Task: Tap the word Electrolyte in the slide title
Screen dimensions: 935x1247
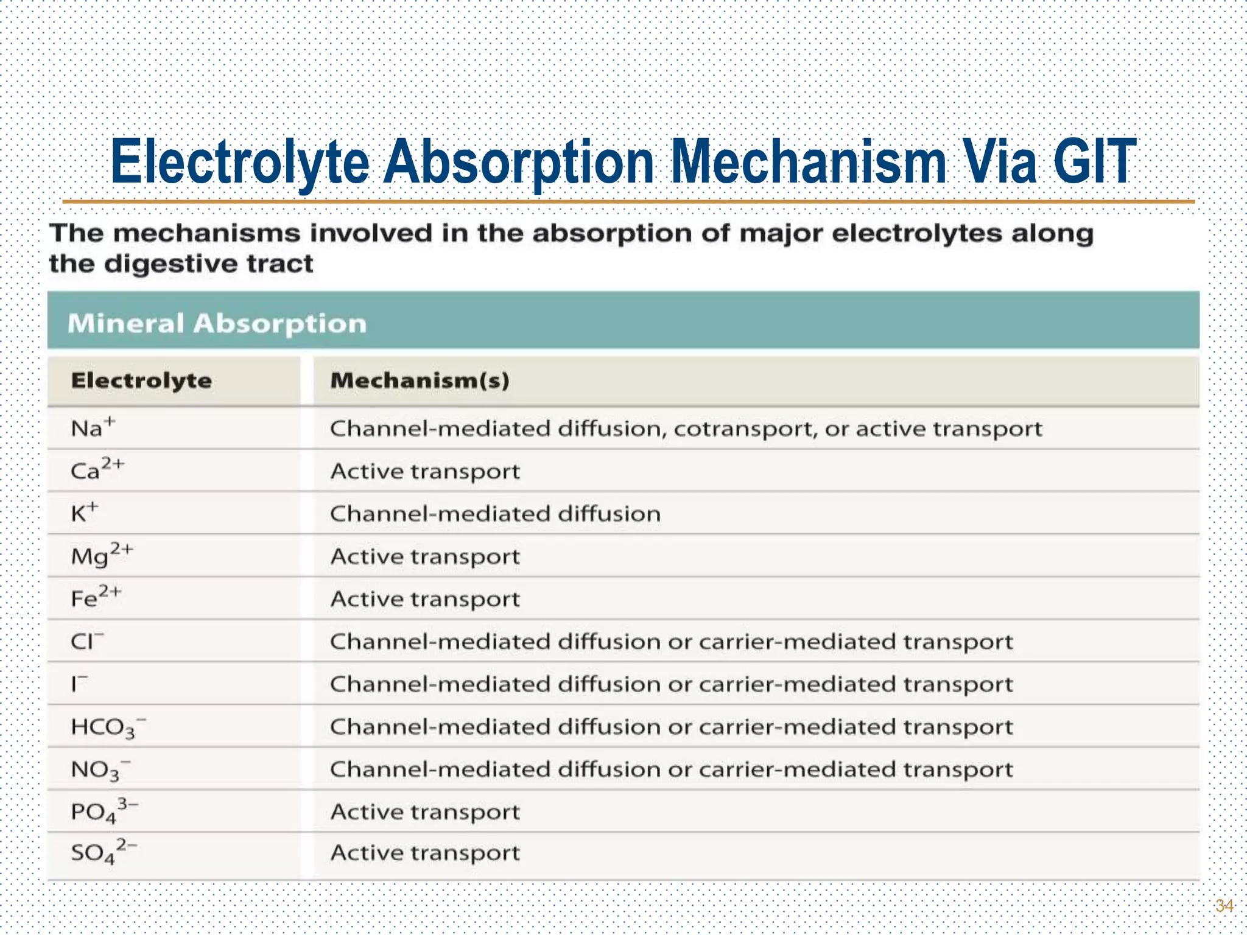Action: (x=241, y=162)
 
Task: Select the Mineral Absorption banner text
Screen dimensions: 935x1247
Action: (x=217, y=323)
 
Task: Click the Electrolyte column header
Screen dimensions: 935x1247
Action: (x=141, y=381)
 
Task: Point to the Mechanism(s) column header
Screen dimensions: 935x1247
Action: (x=420, y=381)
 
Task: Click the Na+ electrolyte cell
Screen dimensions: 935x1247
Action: (x=93, y=427)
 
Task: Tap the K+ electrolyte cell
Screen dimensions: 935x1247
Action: (x=84, y=513)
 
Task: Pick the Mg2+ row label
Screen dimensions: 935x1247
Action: (x=101, y=555)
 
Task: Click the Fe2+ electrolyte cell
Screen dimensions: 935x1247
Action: (x=96, y=598)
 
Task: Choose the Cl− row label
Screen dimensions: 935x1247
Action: (x=87, y=641)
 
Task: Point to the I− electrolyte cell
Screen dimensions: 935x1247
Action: (x=79, y=684)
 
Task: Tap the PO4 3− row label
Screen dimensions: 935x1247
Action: (x=104, y=812)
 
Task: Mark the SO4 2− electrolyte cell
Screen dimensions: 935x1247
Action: (x=104, y=853)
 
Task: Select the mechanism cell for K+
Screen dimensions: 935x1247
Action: (x=495, y=514)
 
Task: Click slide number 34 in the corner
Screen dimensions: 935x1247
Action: (x=1224, y=906)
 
